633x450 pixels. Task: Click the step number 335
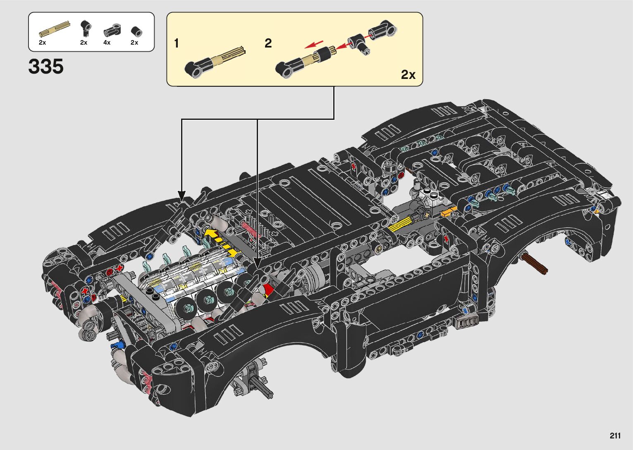46,67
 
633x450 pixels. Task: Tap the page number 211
615,436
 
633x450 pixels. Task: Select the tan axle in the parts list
54,29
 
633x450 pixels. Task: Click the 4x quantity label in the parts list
107,43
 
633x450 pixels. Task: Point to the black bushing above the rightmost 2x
137,32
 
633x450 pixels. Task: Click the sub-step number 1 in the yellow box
177,43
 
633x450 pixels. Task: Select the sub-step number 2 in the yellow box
268,43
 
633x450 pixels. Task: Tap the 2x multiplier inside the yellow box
408,74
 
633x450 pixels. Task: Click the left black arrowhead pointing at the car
182,195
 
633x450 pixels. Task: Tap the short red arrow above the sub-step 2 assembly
314,44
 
